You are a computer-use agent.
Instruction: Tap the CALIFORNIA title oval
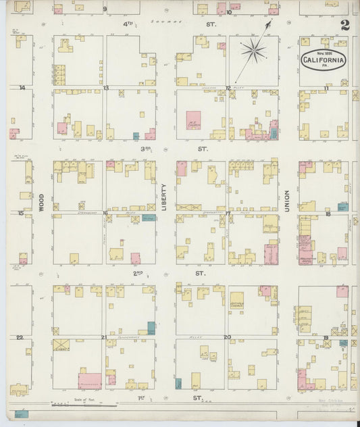tap(323, 61)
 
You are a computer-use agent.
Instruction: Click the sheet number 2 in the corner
tap(345, 26)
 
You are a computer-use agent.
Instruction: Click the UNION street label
tap(287, 201)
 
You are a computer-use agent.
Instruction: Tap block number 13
tap(106, 88)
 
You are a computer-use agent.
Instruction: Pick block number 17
tap(228, 214)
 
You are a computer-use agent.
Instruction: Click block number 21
tap(103, 336)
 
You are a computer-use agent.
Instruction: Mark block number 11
tap(326, 88)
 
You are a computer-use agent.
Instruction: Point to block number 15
tap(21, 213)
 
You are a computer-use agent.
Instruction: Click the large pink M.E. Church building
tap(194, 120)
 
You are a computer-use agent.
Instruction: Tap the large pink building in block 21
tap(89, 380)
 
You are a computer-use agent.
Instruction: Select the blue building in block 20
tap(178, 384)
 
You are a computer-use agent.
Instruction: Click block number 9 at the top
tap(105, 9)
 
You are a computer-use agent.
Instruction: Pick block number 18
tap(328, 214)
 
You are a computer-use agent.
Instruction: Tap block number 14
tap(22, 88)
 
